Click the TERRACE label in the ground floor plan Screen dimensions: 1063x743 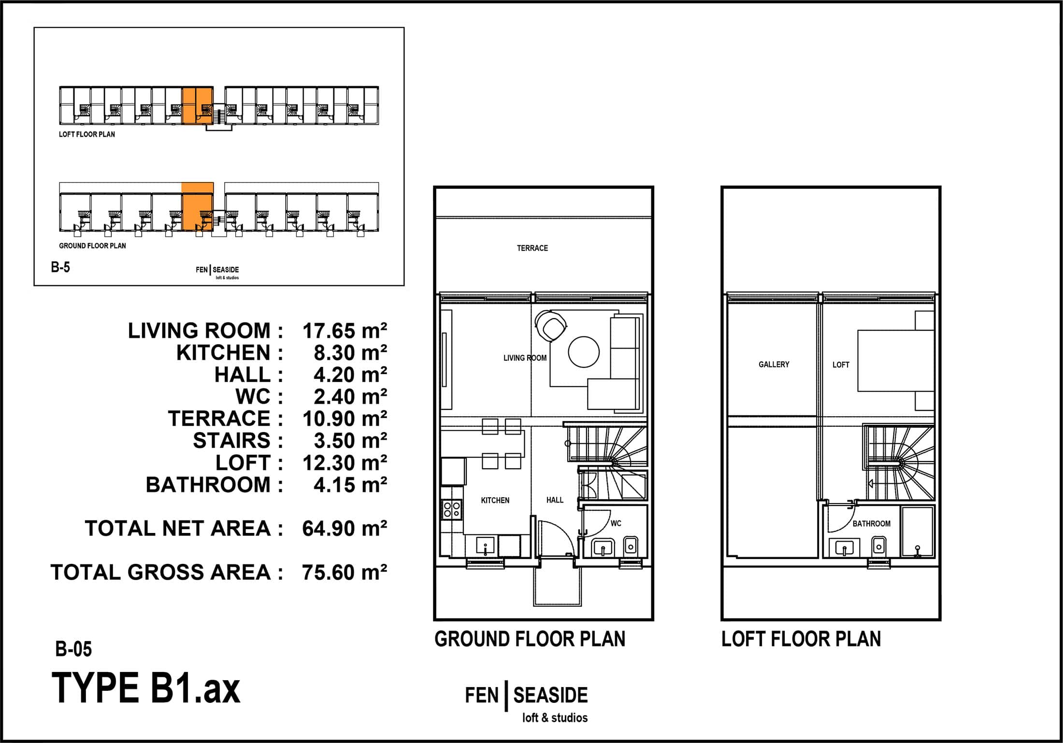[532, 248]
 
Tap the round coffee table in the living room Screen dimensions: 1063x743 [584, 352]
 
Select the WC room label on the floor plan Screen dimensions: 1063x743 [616, 523]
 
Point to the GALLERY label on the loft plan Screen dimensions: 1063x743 [774, 364]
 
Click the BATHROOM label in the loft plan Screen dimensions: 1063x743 [871, 523]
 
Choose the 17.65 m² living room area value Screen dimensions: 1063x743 [345, 331]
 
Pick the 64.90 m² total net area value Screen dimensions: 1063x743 [345, 529]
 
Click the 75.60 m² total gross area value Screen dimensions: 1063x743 [345, 573]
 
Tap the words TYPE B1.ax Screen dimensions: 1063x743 [145, 688]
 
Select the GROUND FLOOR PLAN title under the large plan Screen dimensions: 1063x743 [530, 639]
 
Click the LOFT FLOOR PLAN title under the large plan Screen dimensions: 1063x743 [801, 639]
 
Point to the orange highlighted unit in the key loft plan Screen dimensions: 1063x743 [198, 106]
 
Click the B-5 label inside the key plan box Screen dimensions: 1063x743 [60, 267]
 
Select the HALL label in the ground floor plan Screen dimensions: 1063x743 [555, 500]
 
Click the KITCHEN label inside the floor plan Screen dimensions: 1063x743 [495, 500]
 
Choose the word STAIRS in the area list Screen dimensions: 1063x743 [231, 440]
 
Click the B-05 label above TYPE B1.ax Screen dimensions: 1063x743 [73, 649]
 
